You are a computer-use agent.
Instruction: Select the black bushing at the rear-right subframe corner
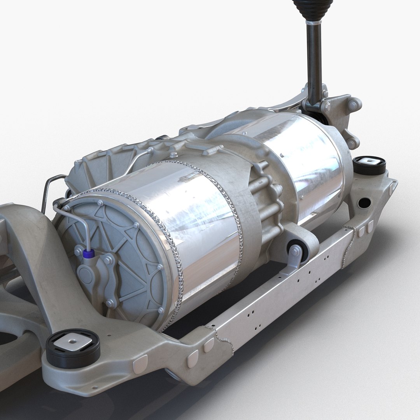click(369, 165)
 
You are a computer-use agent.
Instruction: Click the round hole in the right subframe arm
click(364, 202)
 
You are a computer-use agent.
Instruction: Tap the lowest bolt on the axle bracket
click(351, 144)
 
